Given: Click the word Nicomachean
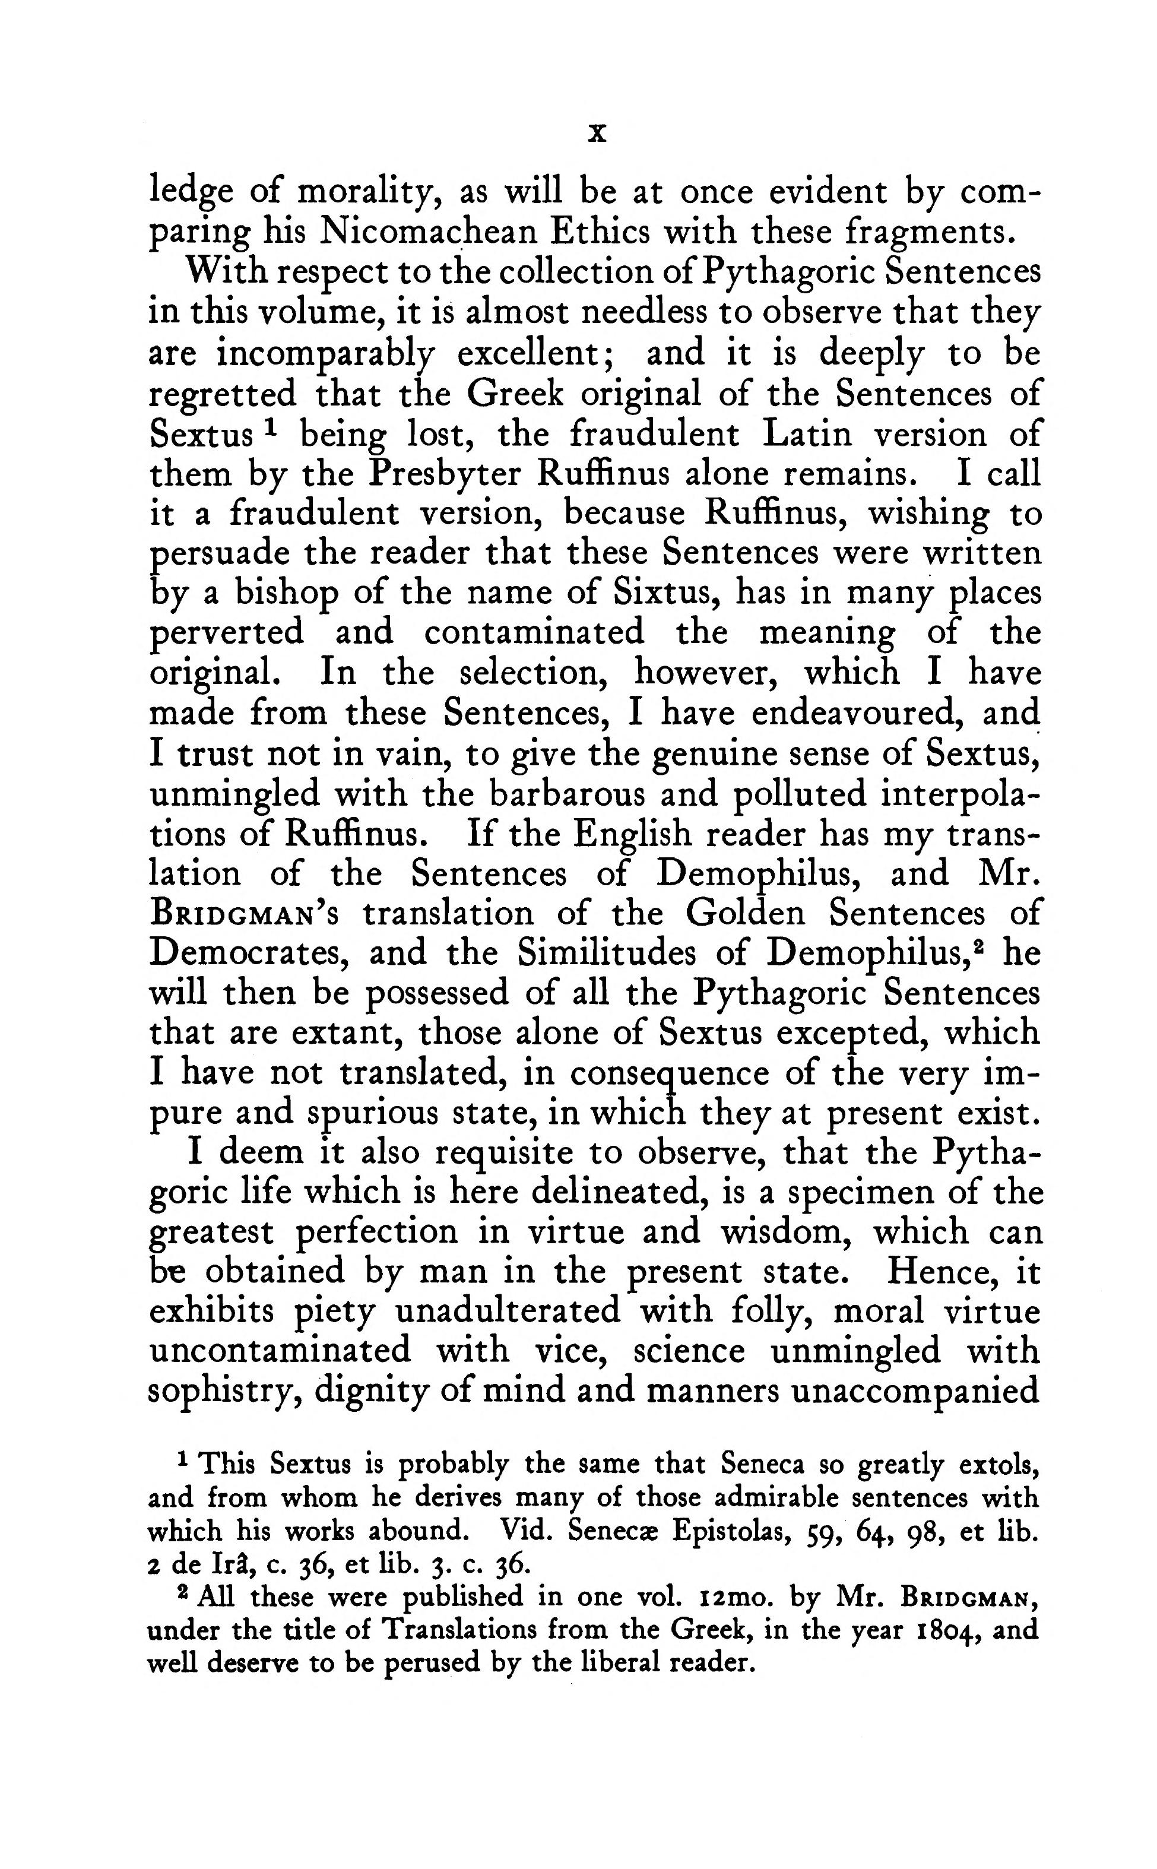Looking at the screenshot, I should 426,231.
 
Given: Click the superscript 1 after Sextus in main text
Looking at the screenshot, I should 268,425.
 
